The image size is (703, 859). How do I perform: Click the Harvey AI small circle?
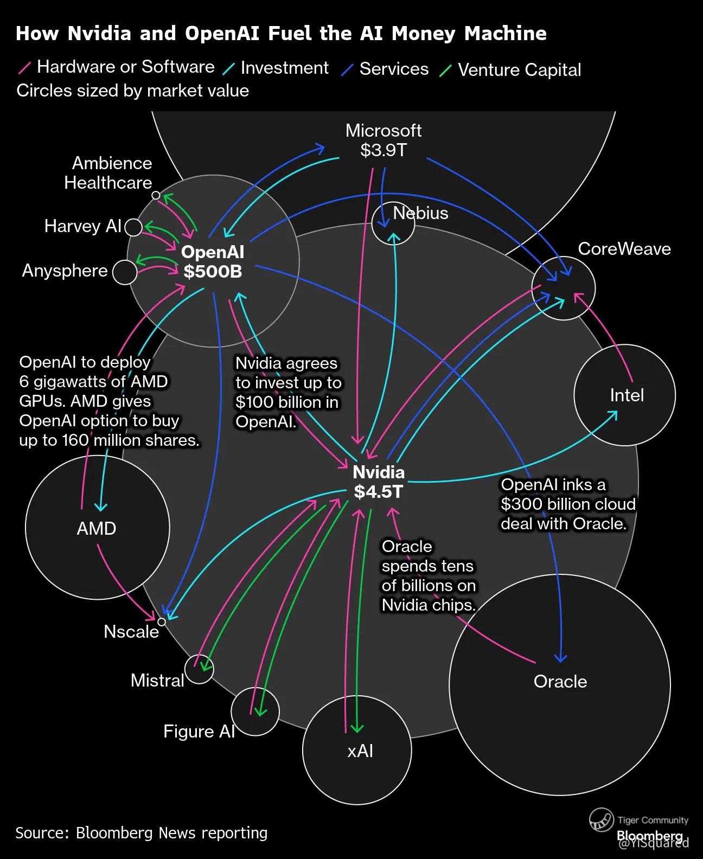tap(133, 227)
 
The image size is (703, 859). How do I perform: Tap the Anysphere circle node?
tap(125, 272)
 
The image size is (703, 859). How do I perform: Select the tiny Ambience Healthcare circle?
tap(156, 195)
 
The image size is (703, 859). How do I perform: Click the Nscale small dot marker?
tap(161, 621)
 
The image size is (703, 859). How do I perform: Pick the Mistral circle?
tap(199, 669)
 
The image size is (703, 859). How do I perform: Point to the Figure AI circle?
tap(255, 711)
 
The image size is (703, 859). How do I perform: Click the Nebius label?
tap(420, 213)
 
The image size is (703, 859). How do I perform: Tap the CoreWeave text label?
tap(624, 249)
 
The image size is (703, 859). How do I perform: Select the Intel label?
tap(627, 395)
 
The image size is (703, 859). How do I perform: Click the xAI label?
tap(360, 751)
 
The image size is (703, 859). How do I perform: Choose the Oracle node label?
tap(560, 682)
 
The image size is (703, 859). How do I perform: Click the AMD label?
tap(97, 529)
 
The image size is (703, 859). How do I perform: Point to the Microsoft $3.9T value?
tap(384, 150)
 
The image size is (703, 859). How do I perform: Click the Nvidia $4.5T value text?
tap(378, 492)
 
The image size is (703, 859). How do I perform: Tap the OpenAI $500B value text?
tap(213, 271)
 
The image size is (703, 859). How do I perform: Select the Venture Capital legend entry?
tap(519, 70)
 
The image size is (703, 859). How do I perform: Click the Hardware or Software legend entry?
tap(125, 67)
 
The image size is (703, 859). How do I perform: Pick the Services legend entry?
tap(394, 69)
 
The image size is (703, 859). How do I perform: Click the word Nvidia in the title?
tap(99, 34)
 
